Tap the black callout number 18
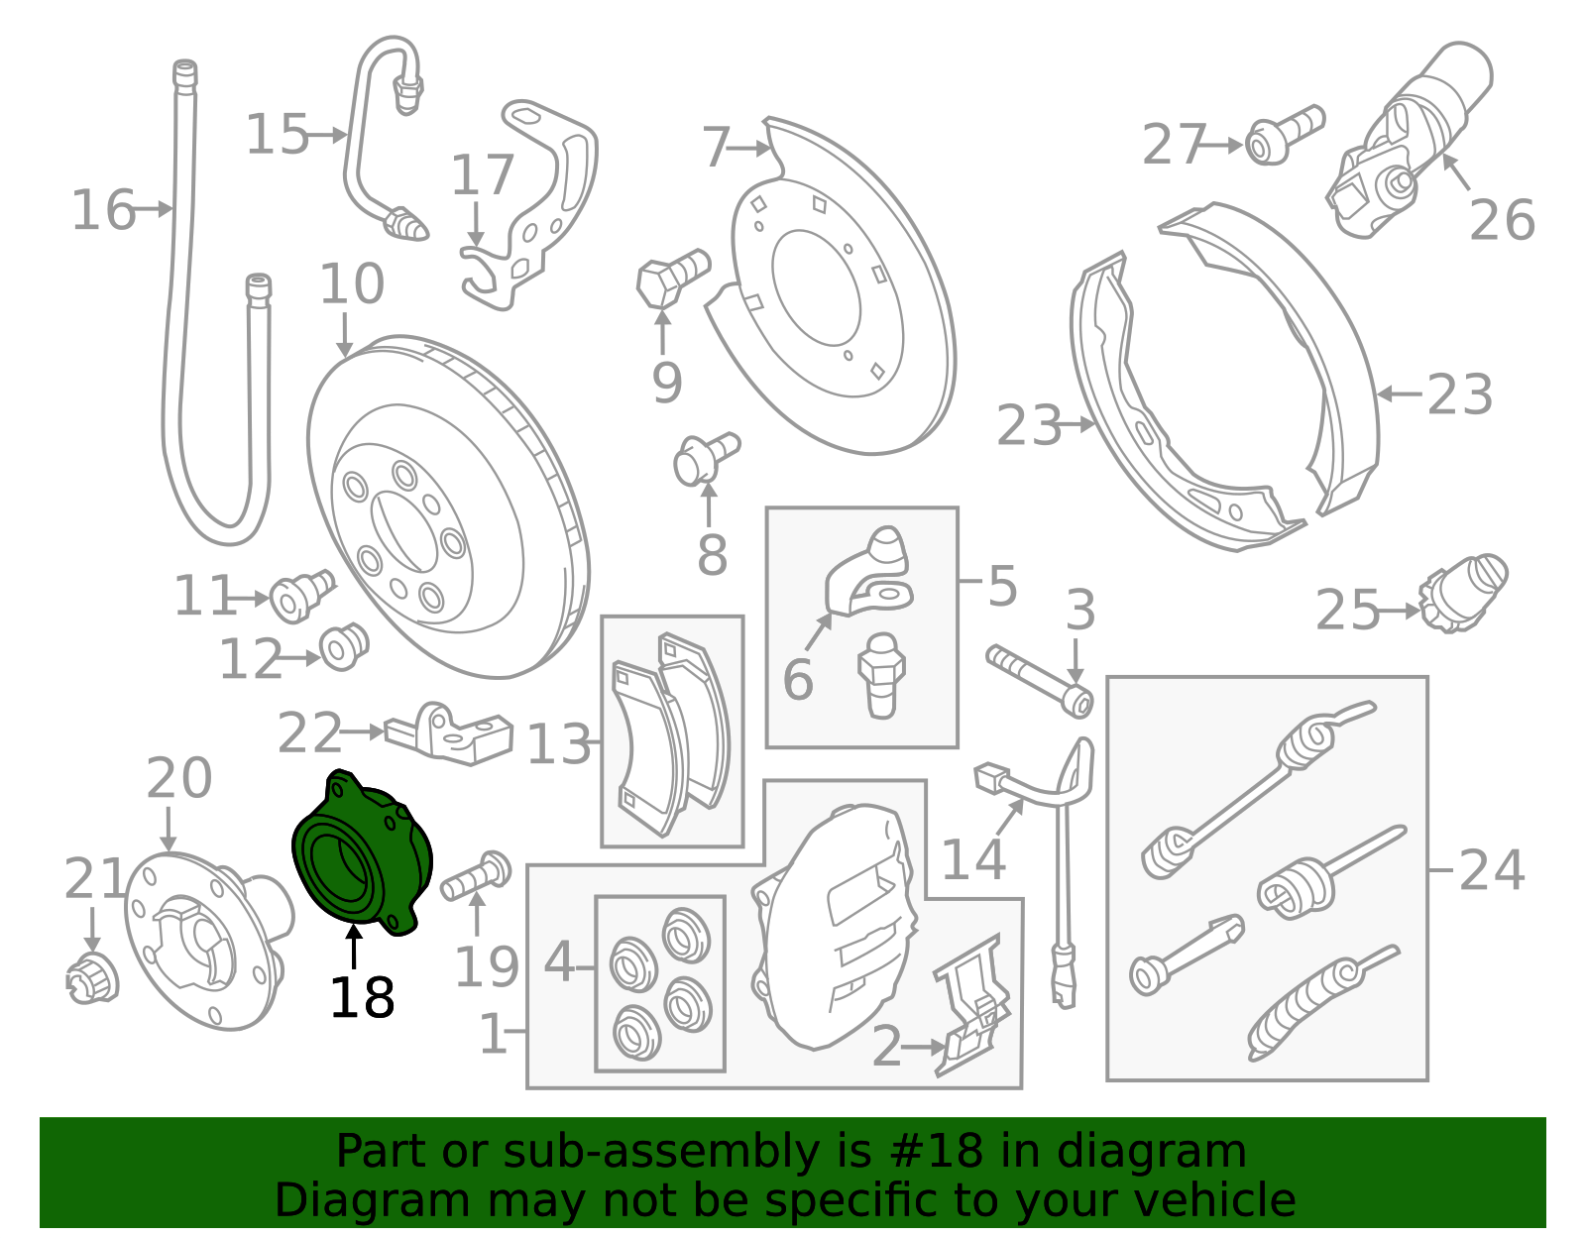(362, 998)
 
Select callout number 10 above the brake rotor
(352, 283)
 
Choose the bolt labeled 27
(1284, 135)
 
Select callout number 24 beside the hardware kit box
(1491, 870)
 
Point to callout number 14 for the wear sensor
(973, 858)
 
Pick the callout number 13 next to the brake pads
(558, 744)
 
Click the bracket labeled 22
(449, 733)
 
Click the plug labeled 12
(345, 647)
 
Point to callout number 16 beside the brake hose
(103, 210)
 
